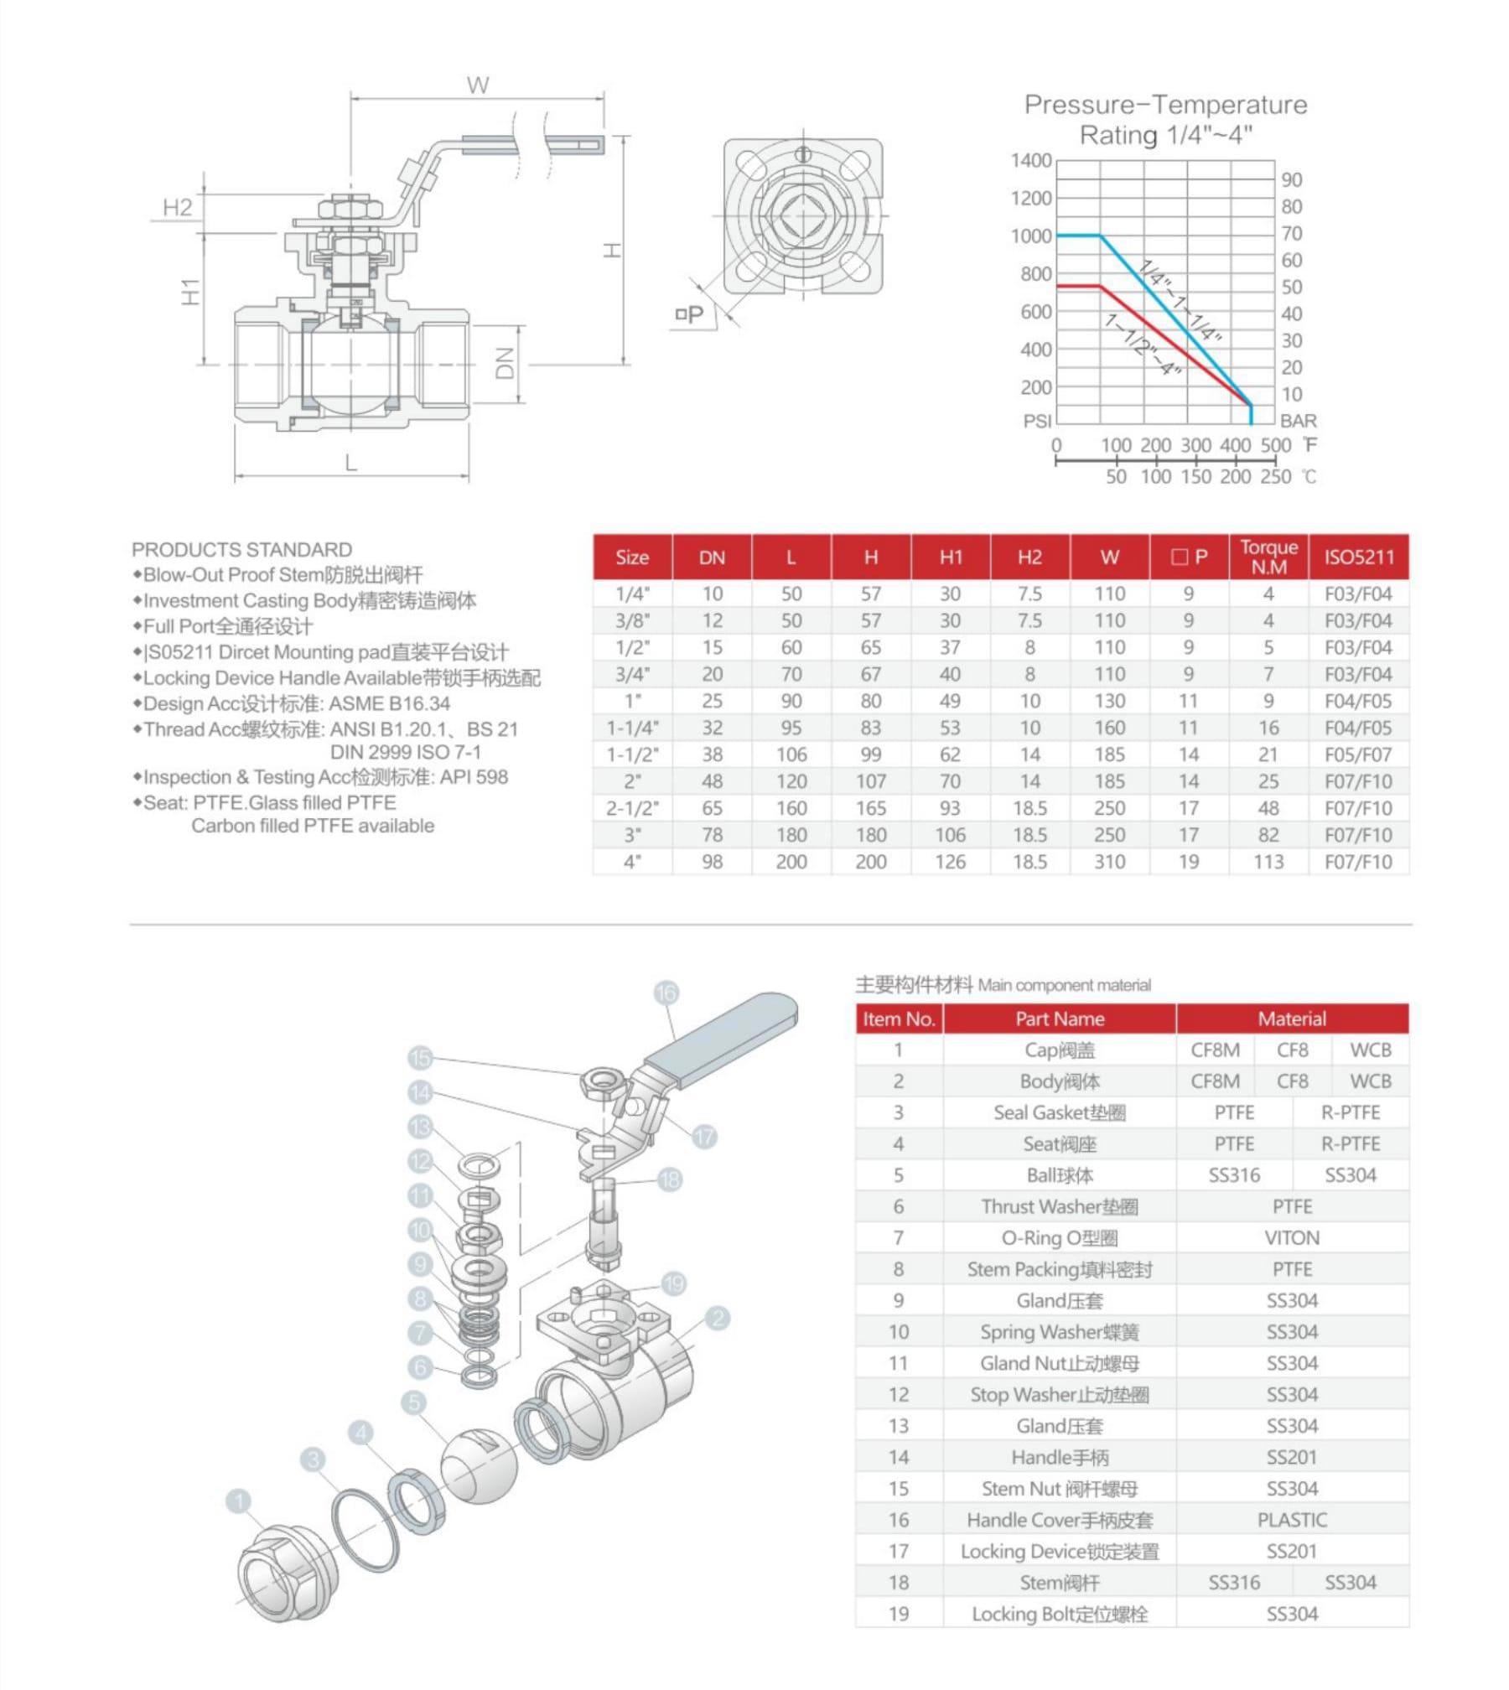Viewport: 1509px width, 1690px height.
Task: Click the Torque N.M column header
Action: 1268,557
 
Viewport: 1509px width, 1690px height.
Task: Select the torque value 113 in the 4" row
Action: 1268,862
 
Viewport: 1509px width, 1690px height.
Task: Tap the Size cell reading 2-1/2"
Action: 632,808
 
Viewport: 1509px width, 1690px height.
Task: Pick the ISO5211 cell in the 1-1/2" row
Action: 1357,754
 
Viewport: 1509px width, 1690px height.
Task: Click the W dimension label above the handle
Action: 477,85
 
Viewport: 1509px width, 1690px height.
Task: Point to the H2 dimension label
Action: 177,207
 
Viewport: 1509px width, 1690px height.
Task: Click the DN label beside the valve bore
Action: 504,364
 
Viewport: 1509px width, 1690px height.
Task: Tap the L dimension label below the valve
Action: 350,462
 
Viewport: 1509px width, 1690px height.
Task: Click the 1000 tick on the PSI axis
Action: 1030,236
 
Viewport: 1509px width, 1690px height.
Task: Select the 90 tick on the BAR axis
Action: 1291,179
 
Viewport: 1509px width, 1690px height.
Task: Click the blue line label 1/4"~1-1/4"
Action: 1181,302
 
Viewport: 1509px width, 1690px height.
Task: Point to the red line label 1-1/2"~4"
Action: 1143,345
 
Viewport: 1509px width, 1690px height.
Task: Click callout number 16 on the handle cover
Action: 666,993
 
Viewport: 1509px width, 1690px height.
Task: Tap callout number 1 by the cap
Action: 239,1501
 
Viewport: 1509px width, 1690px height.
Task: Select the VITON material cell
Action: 1291,1238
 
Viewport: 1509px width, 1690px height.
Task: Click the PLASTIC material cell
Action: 1291,1520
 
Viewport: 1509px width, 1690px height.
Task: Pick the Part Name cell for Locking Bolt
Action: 1059,1615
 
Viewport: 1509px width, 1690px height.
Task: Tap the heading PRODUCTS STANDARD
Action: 241,550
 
